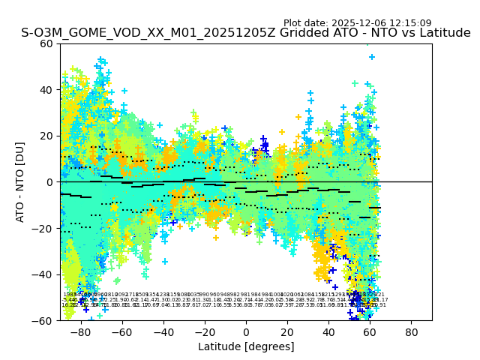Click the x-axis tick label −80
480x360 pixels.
pyautogui.click(x=80, y=331)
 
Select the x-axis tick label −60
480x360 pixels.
pyautogui.click(x=121, y=331)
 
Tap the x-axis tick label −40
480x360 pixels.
pyautogui.click(x=163, y=331)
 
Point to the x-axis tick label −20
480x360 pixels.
pyautogui.click(x=204, y=331)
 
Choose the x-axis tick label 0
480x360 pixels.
pyautogui.click(x=246, y=331)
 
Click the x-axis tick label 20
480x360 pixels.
pyautogui.click(x=287, y=331)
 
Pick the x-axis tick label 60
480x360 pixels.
pyautogui.click(x=370, y=331)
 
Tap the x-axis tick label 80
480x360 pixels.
pyautogui.click(x=412, y=331)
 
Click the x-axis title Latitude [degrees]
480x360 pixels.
pyautogui.click(x=246, y=346)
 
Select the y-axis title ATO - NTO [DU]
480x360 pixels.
pyautogui.click(x=21, y=182)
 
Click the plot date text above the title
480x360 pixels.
pyautogui.click(x=357, y=23)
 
